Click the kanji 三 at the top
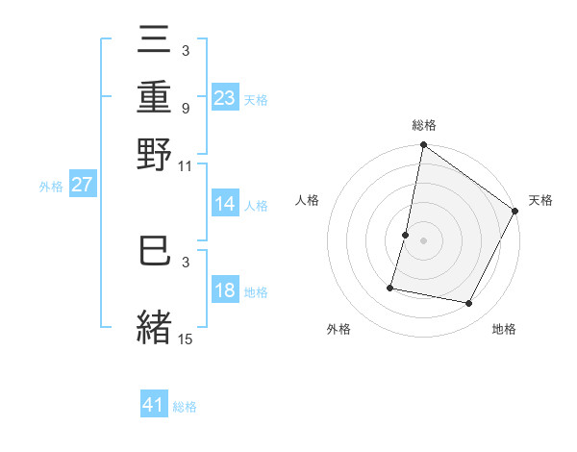[155, 42]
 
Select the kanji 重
[155, 97]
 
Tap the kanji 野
[155, 154]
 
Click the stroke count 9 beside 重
[185, 108]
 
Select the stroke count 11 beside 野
[185, 165]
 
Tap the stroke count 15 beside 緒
[185, 339]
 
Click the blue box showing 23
[225, 97]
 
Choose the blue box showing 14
[225, 204]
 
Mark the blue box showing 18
[225, 290]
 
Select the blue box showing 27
[82, 185]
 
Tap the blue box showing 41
[154, 405]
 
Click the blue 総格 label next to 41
[185, 407]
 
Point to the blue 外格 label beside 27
[51, 187]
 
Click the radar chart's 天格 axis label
[540, 200]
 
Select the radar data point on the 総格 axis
[423, 145]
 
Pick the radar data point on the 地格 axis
[469, 304]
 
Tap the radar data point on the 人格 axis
[405, 235]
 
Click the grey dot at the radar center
[423, 240]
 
